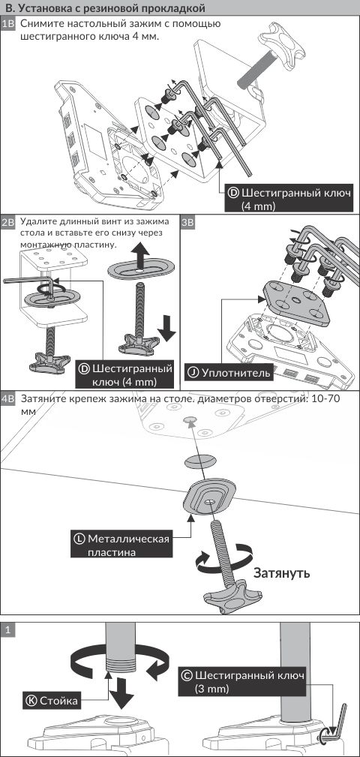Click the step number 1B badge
point(9,24)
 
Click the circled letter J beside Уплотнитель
point(193,373)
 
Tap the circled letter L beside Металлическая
point(79,538)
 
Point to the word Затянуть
point(281,573)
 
